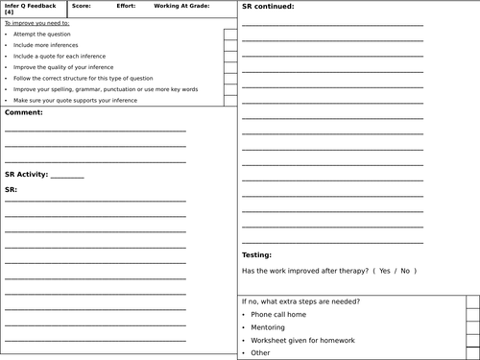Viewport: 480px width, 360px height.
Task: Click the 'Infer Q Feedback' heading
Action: (30, 6)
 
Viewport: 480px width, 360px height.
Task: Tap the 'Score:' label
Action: (81, 6)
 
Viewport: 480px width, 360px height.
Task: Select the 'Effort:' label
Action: (124, 6)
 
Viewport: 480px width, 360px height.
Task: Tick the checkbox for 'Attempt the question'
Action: (230, 35)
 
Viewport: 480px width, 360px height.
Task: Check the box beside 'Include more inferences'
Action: (230, 45)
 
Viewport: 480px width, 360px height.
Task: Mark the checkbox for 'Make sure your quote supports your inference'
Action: (230, 100)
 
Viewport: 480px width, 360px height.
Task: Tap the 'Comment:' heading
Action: (24, 112)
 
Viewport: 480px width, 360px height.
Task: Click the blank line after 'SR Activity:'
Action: (67, 176)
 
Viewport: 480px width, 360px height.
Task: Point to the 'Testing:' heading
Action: (256, 255)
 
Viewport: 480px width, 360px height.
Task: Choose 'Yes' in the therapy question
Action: (385, 272)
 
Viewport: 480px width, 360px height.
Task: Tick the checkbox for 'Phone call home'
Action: (472, 314)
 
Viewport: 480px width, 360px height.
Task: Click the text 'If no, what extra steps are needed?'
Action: (300, 301)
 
